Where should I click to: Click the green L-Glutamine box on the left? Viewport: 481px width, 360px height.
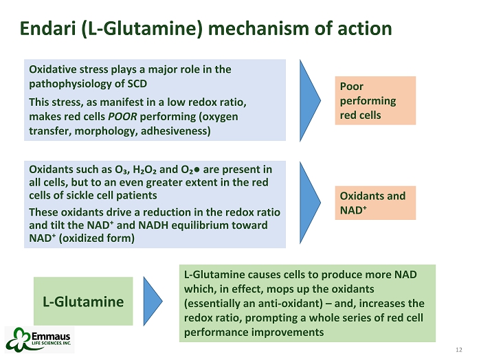tap(83, 301)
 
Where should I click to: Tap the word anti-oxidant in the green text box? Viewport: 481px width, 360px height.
tap(276, 302)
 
